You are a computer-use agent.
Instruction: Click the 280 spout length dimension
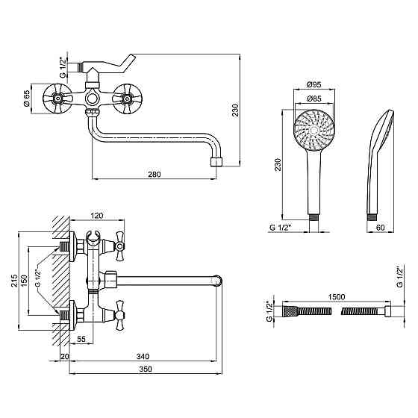pyautogui.click(x=155, y=175)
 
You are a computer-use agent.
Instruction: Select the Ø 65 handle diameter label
pyautogui.click(x=27, y=99)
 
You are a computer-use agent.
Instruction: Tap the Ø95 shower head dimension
pyautogui.click(x=314, y=85)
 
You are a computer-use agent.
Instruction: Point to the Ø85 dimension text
pyautogui.click(x=314, y=99)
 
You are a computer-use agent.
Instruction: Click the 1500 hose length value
pyautogui.click(x=337, y=297)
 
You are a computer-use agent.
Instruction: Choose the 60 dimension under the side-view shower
pyautogui.click(x=381, y=228)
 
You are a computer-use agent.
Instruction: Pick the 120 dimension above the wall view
pyautogui.click(x=97, y=216)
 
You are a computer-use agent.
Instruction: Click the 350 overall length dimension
pyautogui.click(x=146, y=369)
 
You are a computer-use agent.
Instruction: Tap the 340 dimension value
pyautogui.click(x=143, y=356)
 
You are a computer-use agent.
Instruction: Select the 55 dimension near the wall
pyautogui.click(x=81, y=339)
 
